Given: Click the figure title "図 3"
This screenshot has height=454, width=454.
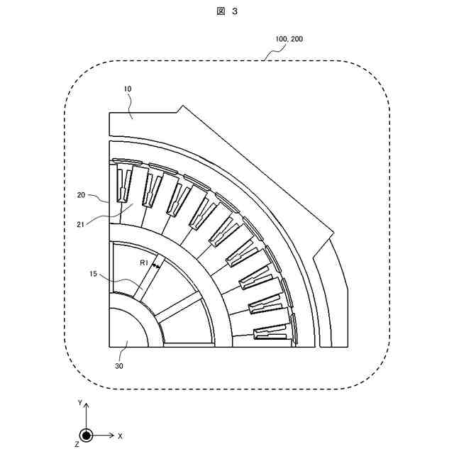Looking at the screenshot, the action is (228, 13).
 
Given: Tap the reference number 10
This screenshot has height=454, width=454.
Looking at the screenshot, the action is (128, 89).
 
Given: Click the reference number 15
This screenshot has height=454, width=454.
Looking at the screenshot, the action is (94, 273).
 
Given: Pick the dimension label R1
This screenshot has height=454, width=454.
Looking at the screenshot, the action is (144, 263).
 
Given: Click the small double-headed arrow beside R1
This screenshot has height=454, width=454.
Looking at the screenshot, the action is (155, 265).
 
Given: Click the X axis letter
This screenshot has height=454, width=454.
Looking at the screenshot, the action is (120, 435).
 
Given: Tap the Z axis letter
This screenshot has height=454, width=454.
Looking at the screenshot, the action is (76, 444).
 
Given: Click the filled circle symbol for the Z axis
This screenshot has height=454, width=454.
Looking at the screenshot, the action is (86, 435).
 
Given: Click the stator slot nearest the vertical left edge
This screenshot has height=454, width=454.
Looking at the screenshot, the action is (123, 184).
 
